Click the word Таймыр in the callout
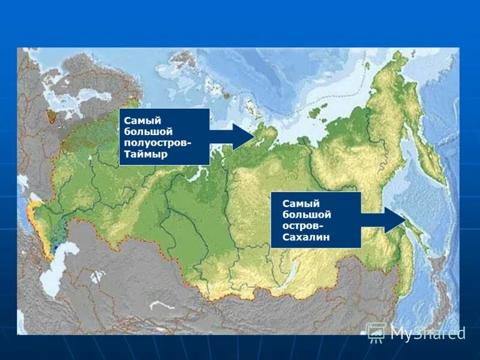point(146,155)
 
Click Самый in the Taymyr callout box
point(139,119)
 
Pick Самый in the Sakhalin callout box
point(298,203)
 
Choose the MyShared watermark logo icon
point(376,332)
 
